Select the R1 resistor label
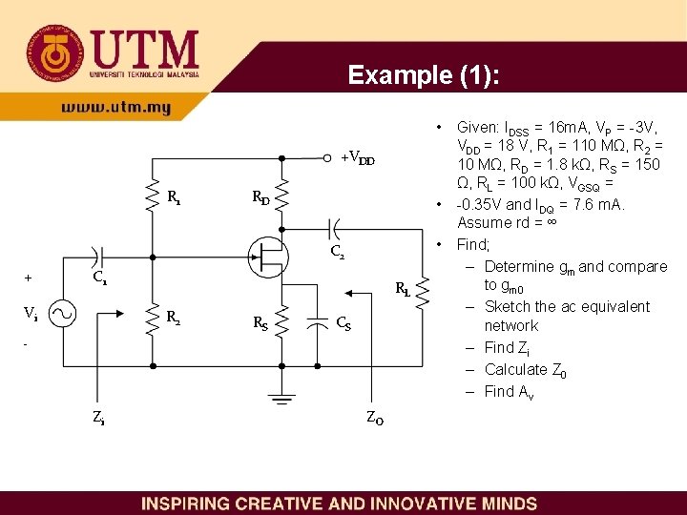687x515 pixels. [175, 198]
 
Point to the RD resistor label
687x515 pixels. [260, 198]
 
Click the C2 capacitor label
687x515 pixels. [337, 253]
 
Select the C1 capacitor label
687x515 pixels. [99, 280]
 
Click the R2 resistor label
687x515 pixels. [175, 318]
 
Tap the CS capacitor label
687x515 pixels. [343, 323]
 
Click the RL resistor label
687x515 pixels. [403, 291]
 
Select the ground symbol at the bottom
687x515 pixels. [281, 397]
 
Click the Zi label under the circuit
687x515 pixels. [98, 416]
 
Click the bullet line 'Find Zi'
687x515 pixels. [512, 347]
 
